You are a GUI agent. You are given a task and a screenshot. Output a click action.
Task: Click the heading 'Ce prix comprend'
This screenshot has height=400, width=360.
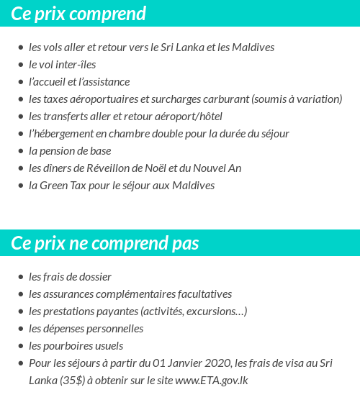pyautogui.click(x=78, y=14)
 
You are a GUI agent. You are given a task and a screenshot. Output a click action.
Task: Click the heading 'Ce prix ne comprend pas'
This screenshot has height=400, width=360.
pyautogui.click(x=105, y=243)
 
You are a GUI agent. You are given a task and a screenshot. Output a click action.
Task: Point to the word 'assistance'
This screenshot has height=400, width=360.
pyautogui.click(x=106, y=82)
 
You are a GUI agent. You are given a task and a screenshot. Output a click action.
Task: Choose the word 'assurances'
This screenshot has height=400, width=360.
pyautogui.click(x=68, y=294)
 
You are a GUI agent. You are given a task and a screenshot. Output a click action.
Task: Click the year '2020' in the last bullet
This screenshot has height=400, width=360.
pyautogui.click(x=194, y=363)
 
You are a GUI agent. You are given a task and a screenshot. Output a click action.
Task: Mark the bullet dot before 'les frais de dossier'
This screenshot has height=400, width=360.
pyautogui.click(x=20, y=277)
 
